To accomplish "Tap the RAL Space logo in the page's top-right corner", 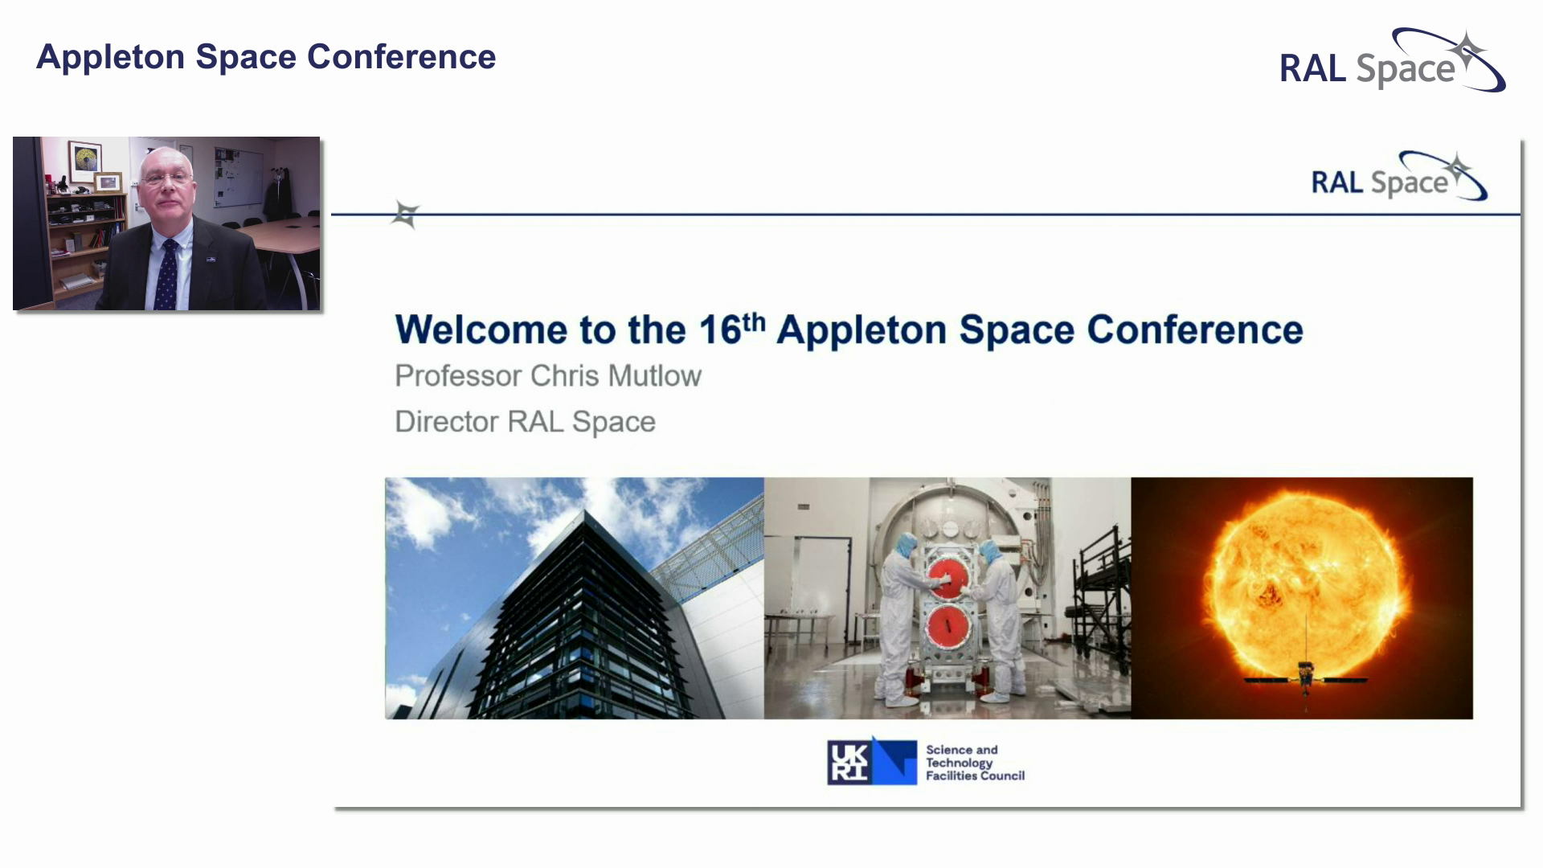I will [1391, 62].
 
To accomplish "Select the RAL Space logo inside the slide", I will [1398, 178].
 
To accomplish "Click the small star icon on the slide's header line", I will [406, 214].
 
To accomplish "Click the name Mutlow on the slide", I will [654, 376].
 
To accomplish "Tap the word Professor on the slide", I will [457, 376].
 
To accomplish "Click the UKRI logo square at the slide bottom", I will [871, 762].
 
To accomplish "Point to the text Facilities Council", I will [975, 776].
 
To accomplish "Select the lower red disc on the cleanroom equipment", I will [949, 628].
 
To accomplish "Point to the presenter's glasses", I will [166, 178].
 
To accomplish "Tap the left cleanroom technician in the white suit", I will [899, 619].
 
